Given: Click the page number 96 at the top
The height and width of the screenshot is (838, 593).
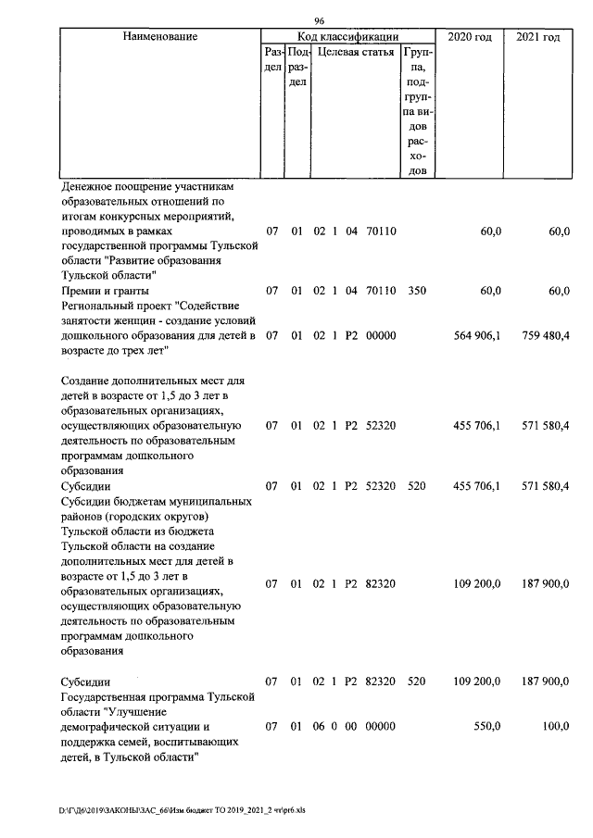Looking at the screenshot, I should (x=319, y=20).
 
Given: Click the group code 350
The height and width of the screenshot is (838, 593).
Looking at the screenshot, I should (x=417, y=291).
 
